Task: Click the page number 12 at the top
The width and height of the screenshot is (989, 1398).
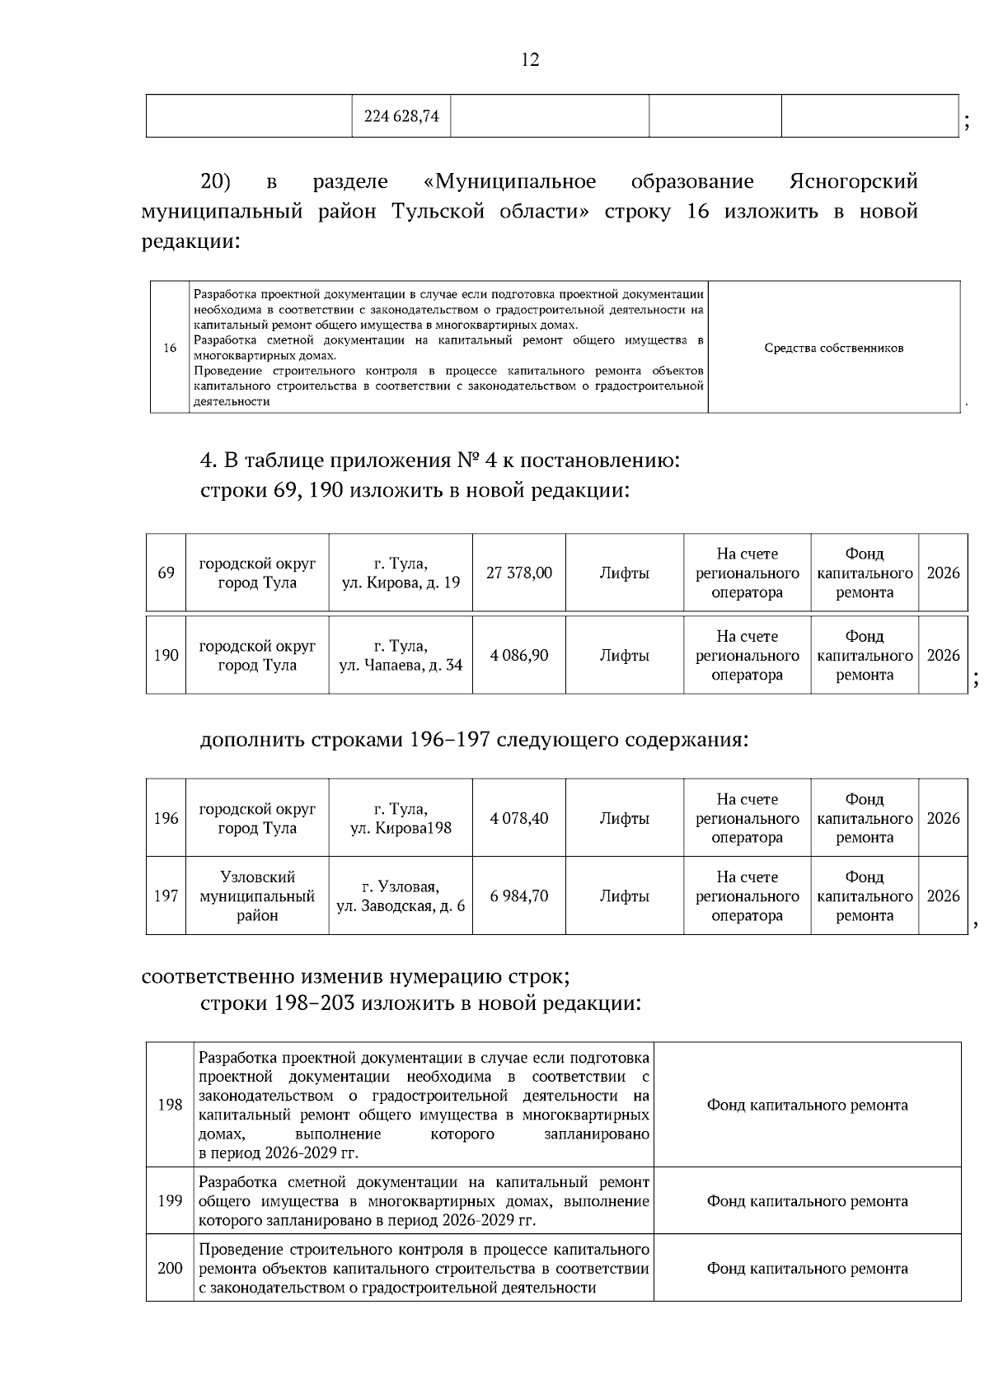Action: click(530, 59)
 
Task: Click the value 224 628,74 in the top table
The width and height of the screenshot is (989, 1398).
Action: click(401, 116)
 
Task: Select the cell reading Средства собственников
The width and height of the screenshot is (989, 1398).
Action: click(833, 348)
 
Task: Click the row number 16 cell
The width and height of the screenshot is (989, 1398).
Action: click(170, 348)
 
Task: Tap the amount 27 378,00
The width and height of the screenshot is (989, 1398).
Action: click(518, 573)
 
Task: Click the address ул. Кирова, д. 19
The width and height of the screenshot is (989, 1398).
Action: click(401, 582)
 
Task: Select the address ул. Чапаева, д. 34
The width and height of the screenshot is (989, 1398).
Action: click(401, 665)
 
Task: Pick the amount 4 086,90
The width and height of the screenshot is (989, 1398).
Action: click(518, 655)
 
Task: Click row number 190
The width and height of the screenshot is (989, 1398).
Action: click(166, 655)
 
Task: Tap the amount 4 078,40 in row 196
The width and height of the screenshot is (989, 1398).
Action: click(518, 818)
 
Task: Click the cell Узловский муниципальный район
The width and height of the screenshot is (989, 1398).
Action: click(257, 895)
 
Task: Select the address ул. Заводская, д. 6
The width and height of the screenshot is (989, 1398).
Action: click(401, 905)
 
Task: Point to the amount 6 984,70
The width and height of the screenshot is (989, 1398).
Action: click(518, 895)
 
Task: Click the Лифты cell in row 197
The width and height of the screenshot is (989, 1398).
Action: click(624, 895)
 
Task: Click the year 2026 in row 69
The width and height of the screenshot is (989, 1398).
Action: click(943, 573)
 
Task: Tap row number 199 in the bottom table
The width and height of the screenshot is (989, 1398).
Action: click(170, 1200)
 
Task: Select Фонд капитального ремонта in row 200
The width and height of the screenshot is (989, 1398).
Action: click(807, 1268)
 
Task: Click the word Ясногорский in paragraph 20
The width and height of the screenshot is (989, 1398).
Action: click(853, 180)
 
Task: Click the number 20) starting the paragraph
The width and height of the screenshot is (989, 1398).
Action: click(216, 180)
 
